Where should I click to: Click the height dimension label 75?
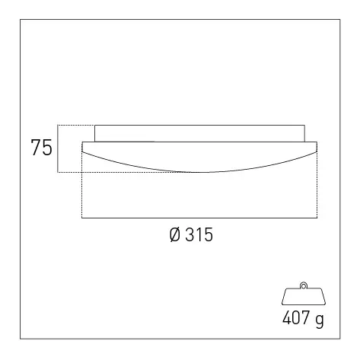[42, 147]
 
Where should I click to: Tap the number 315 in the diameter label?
[199, 234]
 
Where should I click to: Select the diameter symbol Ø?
[175, 234]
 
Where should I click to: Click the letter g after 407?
[320, 320]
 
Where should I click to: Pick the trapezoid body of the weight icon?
[304, 296]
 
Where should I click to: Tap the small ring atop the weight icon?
[304, 285]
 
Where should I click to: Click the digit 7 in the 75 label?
[36, 147]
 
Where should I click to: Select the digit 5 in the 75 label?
[47, 147]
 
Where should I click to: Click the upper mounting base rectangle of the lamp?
[199, 133]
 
